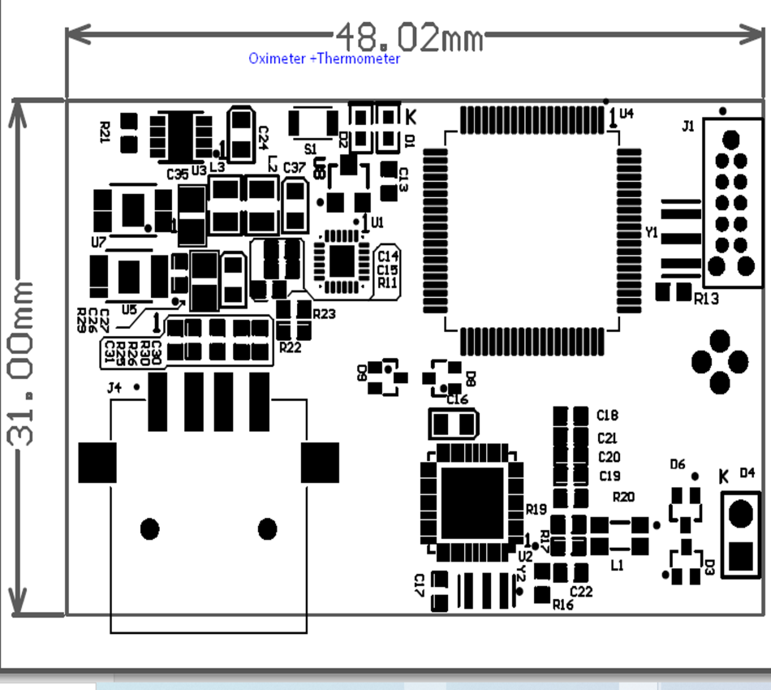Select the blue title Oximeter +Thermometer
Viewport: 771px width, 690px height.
(324, 58)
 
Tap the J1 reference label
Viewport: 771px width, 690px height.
(688, 126)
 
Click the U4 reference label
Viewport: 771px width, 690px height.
(626, 114)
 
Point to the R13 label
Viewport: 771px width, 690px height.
(706, 299)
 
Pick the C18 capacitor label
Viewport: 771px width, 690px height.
(607, 416)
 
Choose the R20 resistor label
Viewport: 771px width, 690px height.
(623, 497)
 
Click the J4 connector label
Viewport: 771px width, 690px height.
(114, 388)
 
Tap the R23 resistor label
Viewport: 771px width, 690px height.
(324, 313)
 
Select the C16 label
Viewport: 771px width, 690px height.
(457, 399)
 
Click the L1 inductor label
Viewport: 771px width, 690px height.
(618, 565)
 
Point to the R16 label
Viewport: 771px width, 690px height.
(562, 605)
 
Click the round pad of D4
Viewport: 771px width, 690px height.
(741, 513)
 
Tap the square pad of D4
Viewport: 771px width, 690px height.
(741, 556)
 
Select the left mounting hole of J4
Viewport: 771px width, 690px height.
(149, 529)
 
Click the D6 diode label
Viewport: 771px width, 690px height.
(678, 464)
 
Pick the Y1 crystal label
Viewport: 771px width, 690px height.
(651, 233)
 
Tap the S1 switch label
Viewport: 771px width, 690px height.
(310, 149)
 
